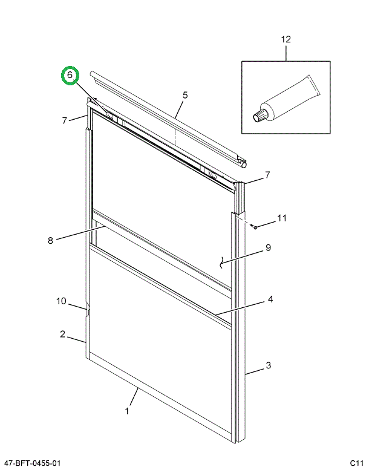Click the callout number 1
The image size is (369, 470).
(x=128, y=411)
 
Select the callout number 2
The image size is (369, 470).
(x=62, y=334)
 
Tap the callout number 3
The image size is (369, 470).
(x=269, y=365)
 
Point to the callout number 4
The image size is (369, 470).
(x=270, y=299)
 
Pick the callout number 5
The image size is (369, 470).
(x=185, y=95)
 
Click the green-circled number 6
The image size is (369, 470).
(x=70, y=75)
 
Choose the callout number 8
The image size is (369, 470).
(x=51, y=240)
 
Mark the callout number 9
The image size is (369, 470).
(x=268, y=247)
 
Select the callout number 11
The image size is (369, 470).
(x=282, y=218)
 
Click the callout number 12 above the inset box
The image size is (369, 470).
(x=286, y=39)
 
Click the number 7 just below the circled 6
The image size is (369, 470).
(x=65, y=120)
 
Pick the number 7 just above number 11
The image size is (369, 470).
(x=267, y=175)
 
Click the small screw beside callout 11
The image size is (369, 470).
(x=255, y=227)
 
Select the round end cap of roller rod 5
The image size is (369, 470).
(x=243, y=162)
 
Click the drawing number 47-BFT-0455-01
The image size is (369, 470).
(x=31, y=463)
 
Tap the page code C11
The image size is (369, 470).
(x=356, y=463)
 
